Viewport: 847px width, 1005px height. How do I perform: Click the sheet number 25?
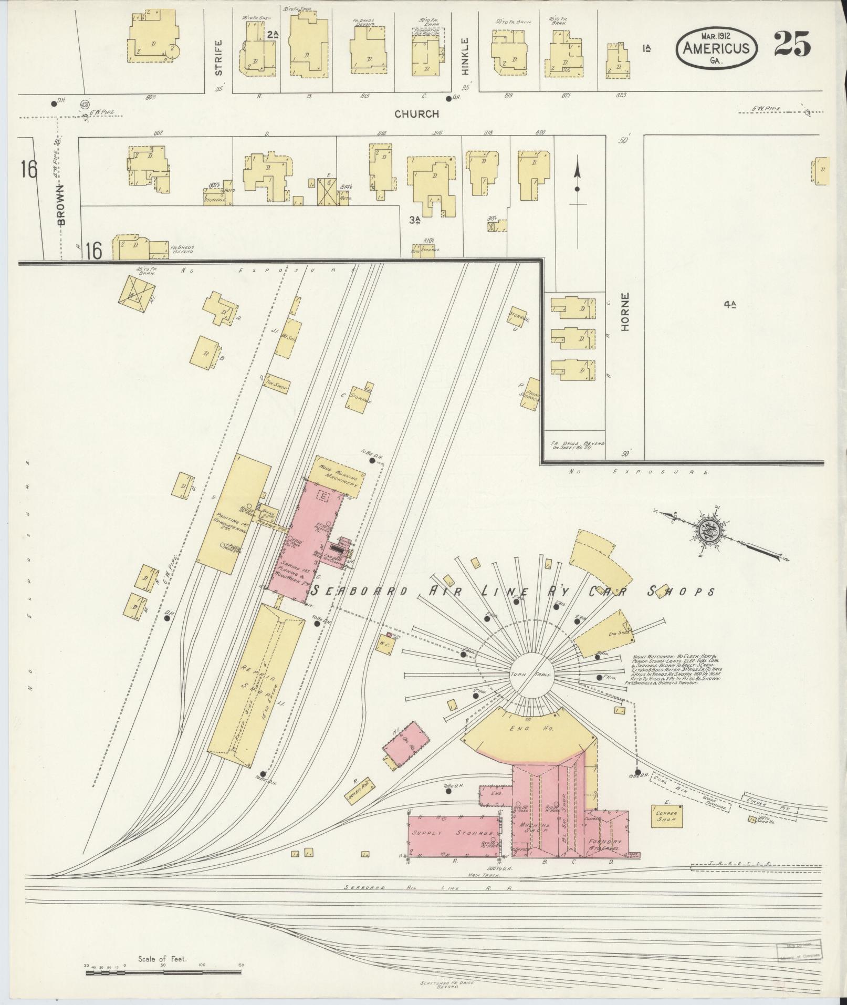coord(791,45)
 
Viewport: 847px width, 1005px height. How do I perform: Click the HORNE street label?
coord(625,319)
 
